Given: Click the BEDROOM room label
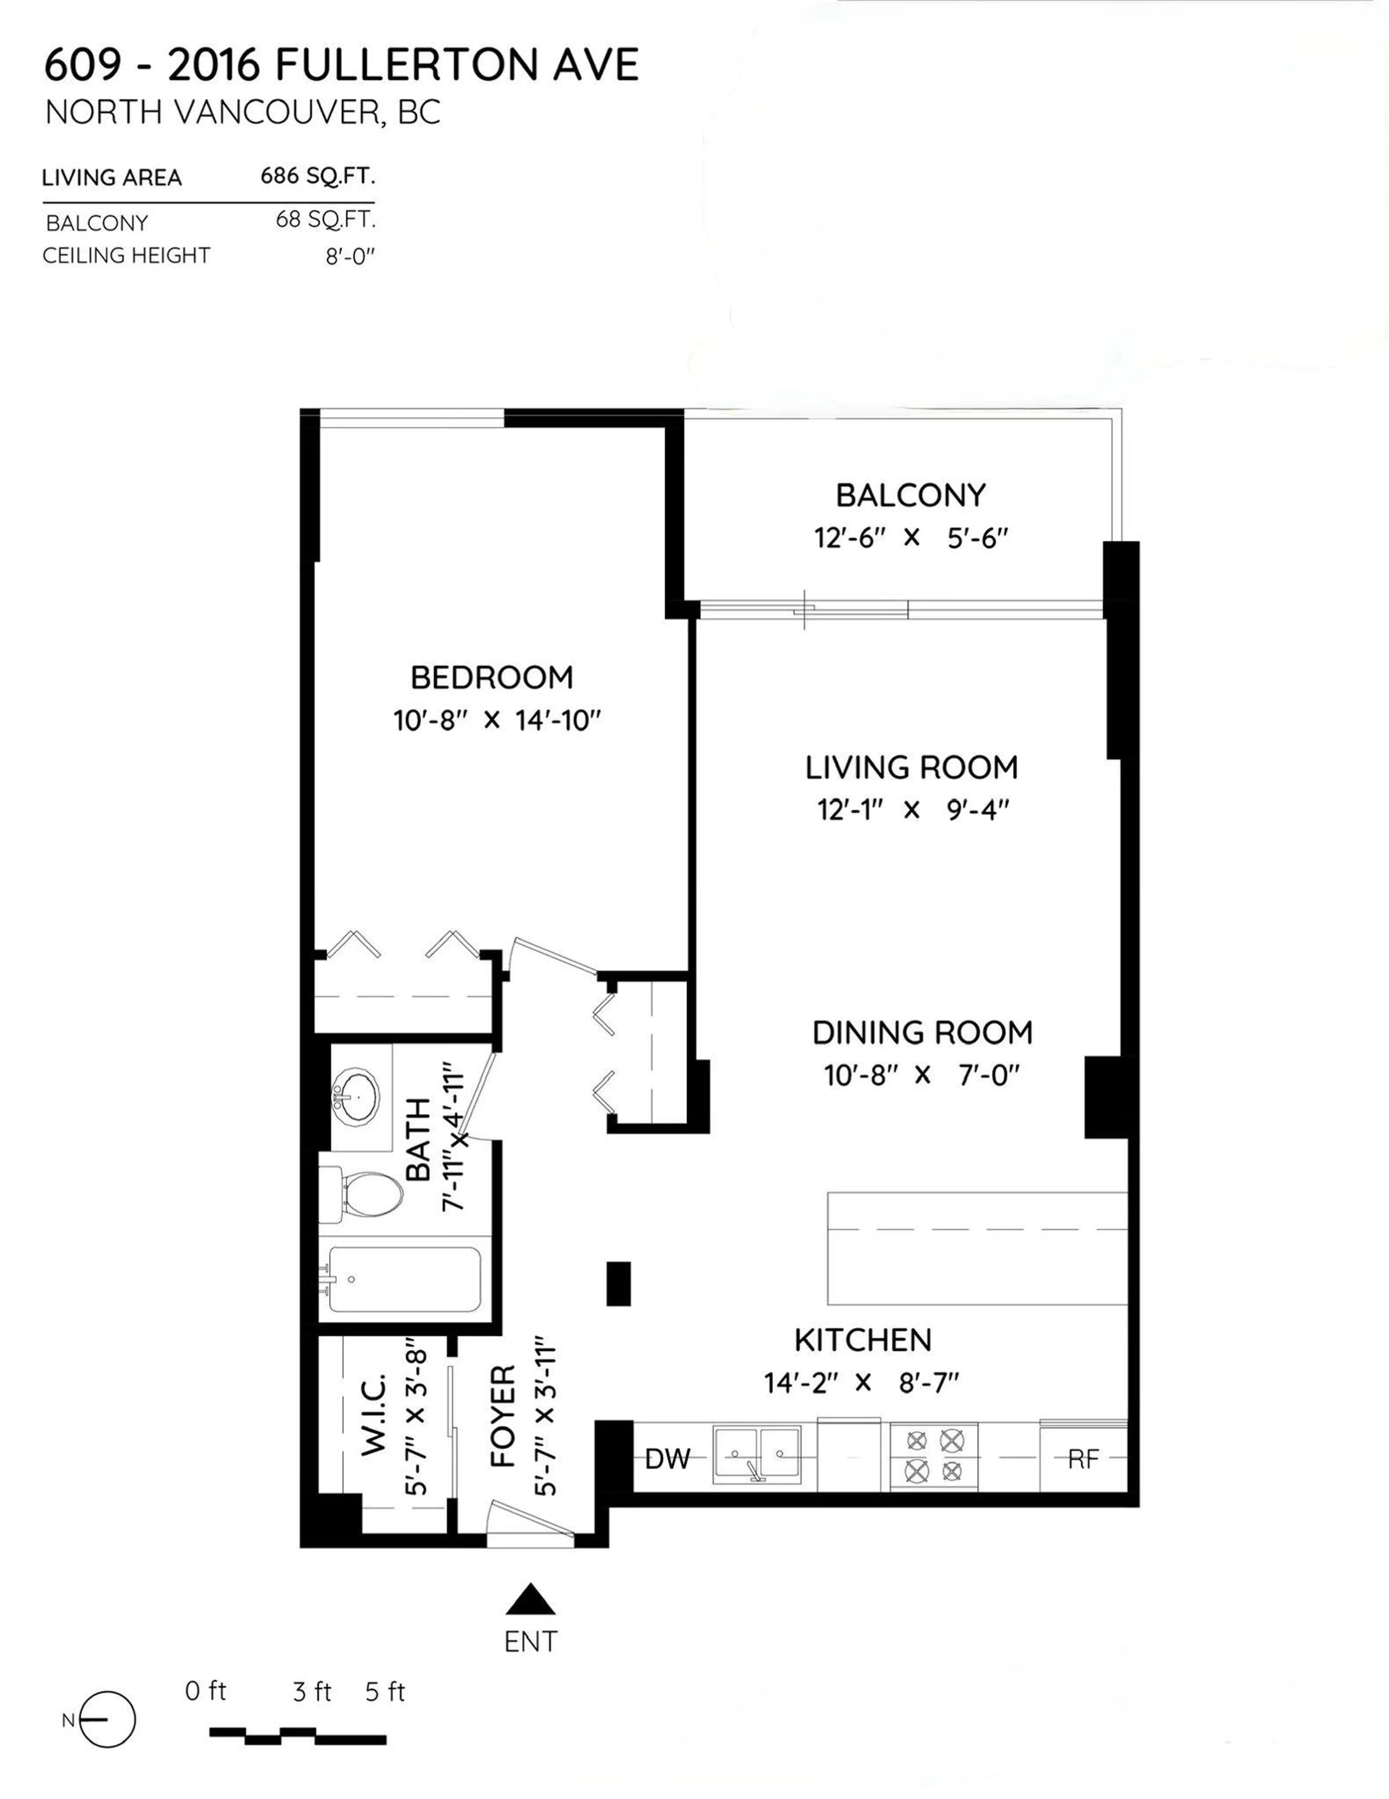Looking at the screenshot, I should tap(492, 678).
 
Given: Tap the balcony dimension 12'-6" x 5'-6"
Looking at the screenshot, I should tap(911, 539).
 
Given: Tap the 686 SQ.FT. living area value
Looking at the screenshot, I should tap(317, 176).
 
